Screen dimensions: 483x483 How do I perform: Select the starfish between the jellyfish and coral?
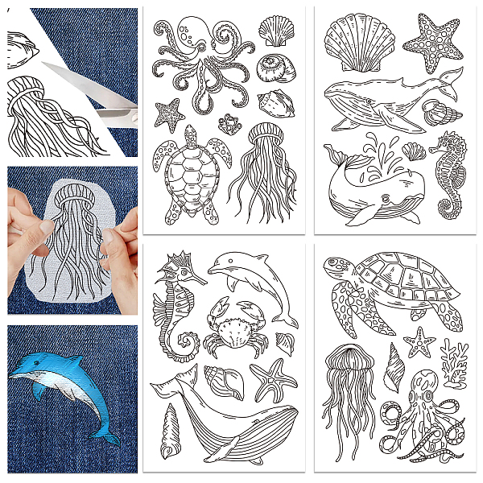tap(419, 343)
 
